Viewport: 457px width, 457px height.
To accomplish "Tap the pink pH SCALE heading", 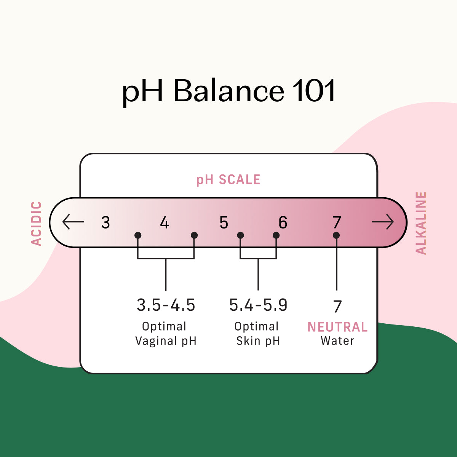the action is (x=228, y=179).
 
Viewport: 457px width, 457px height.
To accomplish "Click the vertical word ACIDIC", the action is (x=37, y=224).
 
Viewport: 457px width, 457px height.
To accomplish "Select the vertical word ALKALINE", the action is (x=421, y=223).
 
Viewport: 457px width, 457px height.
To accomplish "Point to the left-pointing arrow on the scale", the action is (x=73, y=222).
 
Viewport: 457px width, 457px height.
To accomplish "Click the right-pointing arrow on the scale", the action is (x=383, y=222).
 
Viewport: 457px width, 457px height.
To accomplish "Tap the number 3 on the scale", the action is (x=105, y=222).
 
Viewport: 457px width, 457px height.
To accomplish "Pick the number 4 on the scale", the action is (x=165, y=222).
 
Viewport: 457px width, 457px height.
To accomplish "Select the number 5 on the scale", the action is (x=224, y=222).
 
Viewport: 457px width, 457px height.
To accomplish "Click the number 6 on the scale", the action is (x=283, y=222).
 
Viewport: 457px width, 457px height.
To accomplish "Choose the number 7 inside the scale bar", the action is (x=337, y=222).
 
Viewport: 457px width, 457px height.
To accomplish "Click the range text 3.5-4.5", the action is (x=166, y=305).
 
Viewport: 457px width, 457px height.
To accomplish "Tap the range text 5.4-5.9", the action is (x=258, y=305).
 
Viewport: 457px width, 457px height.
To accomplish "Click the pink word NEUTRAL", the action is (x=337, y=327).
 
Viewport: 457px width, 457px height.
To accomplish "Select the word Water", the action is (x=337, y=341).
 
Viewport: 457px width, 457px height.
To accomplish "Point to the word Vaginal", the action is (x=156, y=341).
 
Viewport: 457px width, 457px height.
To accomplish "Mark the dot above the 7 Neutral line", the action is (x=336, y=235).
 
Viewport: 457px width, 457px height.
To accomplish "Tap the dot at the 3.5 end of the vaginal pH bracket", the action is (x=138, y=235).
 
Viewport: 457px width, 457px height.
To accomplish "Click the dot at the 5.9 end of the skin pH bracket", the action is (x=276, y=235).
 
